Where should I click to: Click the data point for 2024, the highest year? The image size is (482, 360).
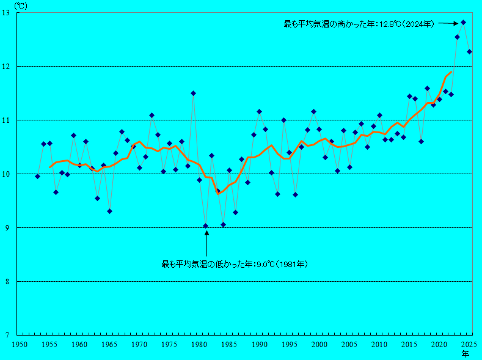463,23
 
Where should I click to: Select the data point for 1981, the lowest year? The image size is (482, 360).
205,226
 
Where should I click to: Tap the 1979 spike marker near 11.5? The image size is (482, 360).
193,94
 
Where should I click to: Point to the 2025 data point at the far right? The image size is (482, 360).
469,52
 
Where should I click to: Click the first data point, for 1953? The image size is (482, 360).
37,176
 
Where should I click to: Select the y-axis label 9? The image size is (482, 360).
9,228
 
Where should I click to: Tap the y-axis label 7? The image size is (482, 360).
9,335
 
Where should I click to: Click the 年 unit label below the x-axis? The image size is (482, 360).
466,354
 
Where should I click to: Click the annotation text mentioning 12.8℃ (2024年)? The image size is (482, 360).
359,24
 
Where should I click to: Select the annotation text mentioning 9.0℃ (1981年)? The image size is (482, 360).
234,264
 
